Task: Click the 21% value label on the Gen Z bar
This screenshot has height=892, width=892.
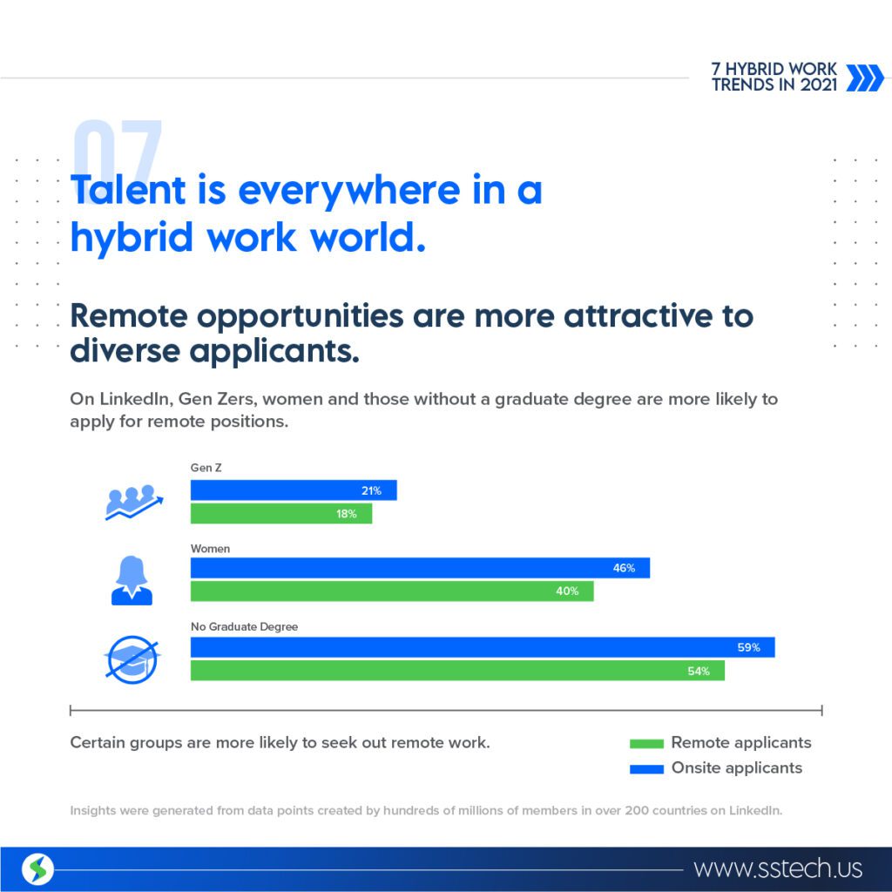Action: (x=371, y=490)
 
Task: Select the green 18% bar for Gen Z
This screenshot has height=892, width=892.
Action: (x=281, y=514)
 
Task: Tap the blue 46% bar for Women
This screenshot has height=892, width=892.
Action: (x=420, y=568)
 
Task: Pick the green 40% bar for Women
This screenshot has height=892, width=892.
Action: (x=392, y=591)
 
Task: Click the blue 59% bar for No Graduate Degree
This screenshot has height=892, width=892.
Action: (x=483, y=647)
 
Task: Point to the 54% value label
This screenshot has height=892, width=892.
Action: (x=698, y=672)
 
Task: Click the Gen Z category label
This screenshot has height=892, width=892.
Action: (x=206, y=468)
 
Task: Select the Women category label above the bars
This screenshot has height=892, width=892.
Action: (x=210, y=549)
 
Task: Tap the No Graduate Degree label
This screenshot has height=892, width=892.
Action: (x=244, y=626)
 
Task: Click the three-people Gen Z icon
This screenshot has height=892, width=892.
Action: (x=133, y=502)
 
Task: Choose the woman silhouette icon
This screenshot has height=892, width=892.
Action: (x=132, y=580)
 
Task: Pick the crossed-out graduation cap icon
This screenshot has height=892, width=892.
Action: (x=132, y=659)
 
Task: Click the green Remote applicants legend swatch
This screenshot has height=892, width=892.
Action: (x=646, y=744)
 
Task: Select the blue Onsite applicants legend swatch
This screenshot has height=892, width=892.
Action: (x=646, y=769)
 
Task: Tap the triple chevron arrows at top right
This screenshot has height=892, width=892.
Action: (x=865, y=78)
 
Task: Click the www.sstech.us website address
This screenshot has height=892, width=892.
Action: (x=778, y=868)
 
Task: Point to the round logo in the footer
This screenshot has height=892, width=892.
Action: (x=37, y=869)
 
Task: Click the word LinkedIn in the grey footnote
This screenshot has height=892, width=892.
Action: (x=755, y=810)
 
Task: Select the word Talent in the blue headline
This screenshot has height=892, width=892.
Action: (x=128, y=189)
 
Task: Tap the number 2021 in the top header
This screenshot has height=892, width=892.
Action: (x=818, y=84)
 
